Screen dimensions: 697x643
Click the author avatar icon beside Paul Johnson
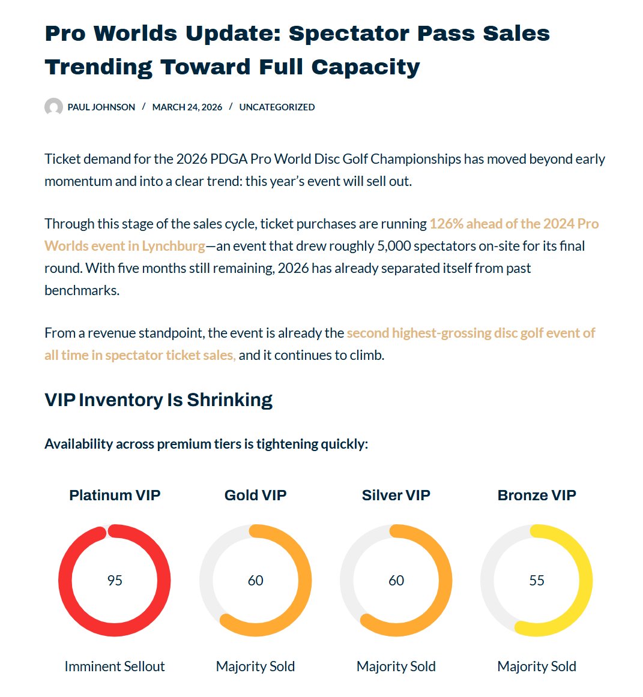(x=53, y=107)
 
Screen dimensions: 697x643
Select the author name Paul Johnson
(x=101, y=107)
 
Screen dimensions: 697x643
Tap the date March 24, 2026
(x=187, y=107)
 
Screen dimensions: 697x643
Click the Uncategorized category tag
(x=277, y=107)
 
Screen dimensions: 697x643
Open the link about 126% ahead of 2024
(x=513, y=224)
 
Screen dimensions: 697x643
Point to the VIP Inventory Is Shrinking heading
(x=158, y=400)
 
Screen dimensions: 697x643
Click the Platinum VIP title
(x=115, y=495)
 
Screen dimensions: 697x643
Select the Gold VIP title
(x=255, y=495)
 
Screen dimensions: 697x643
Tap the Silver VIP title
(x=396, y=495)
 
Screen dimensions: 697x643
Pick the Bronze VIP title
(x=537, y=495)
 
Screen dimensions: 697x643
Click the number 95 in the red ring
(x=115, y=581)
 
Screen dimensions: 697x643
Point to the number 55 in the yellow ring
(x=537, y=581)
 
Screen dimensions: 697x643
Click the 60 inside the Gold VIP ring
(x=255, y=581)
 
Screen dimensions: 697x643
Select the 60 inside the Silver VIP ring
(x=396, y=581)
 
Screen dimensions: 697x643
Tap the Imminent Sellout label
(x=115, y=666)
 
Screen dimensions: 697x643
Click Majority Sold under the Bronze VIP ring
(x=537, y=666)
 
